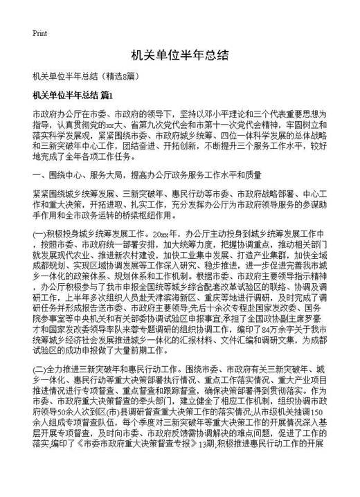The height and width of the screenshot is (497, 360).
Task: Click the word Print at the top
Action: tap(39, 33)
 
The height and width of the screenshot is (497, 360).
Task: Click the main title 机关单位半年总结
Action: tap(179, 56)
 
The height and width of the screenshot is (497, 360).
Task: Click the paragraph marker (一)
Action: tap(42, 235)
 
